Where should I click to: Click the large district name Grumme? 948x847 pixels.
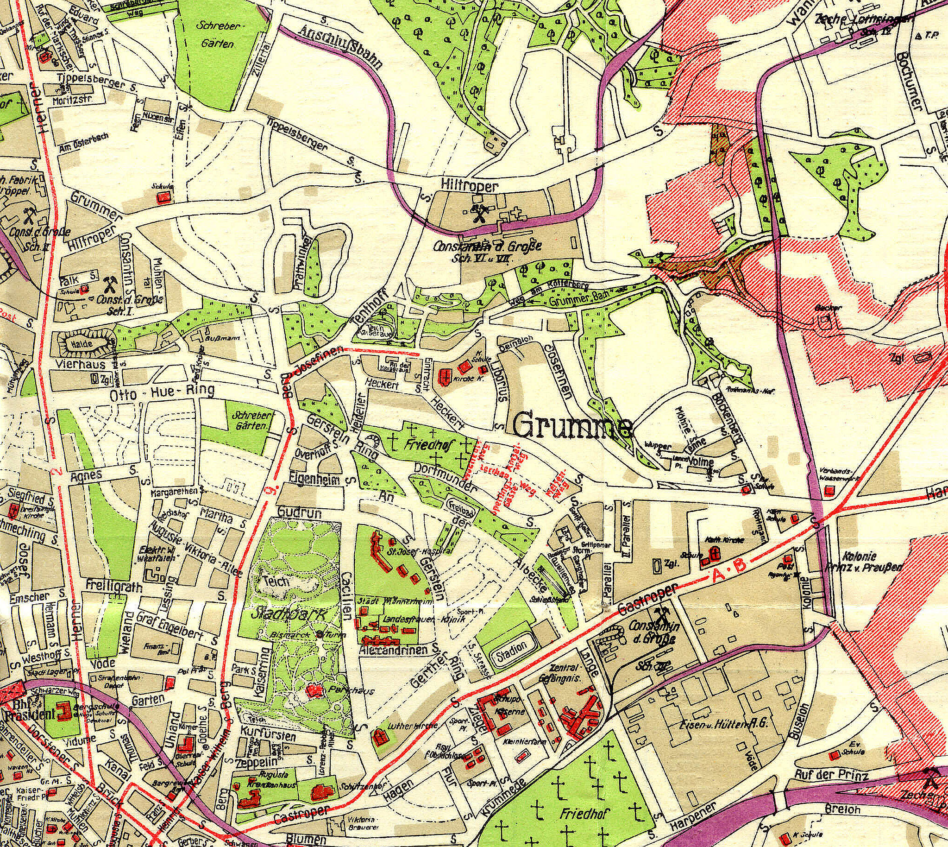coord(573,425)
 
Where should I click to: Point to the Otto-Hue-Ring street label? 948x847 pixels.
coord(162,394)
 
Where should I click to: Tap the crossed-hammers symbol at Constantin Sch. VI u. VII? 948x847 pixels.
coord(479,215)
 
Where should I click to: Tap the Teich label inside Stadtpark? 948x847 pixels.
coord(277,581)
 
